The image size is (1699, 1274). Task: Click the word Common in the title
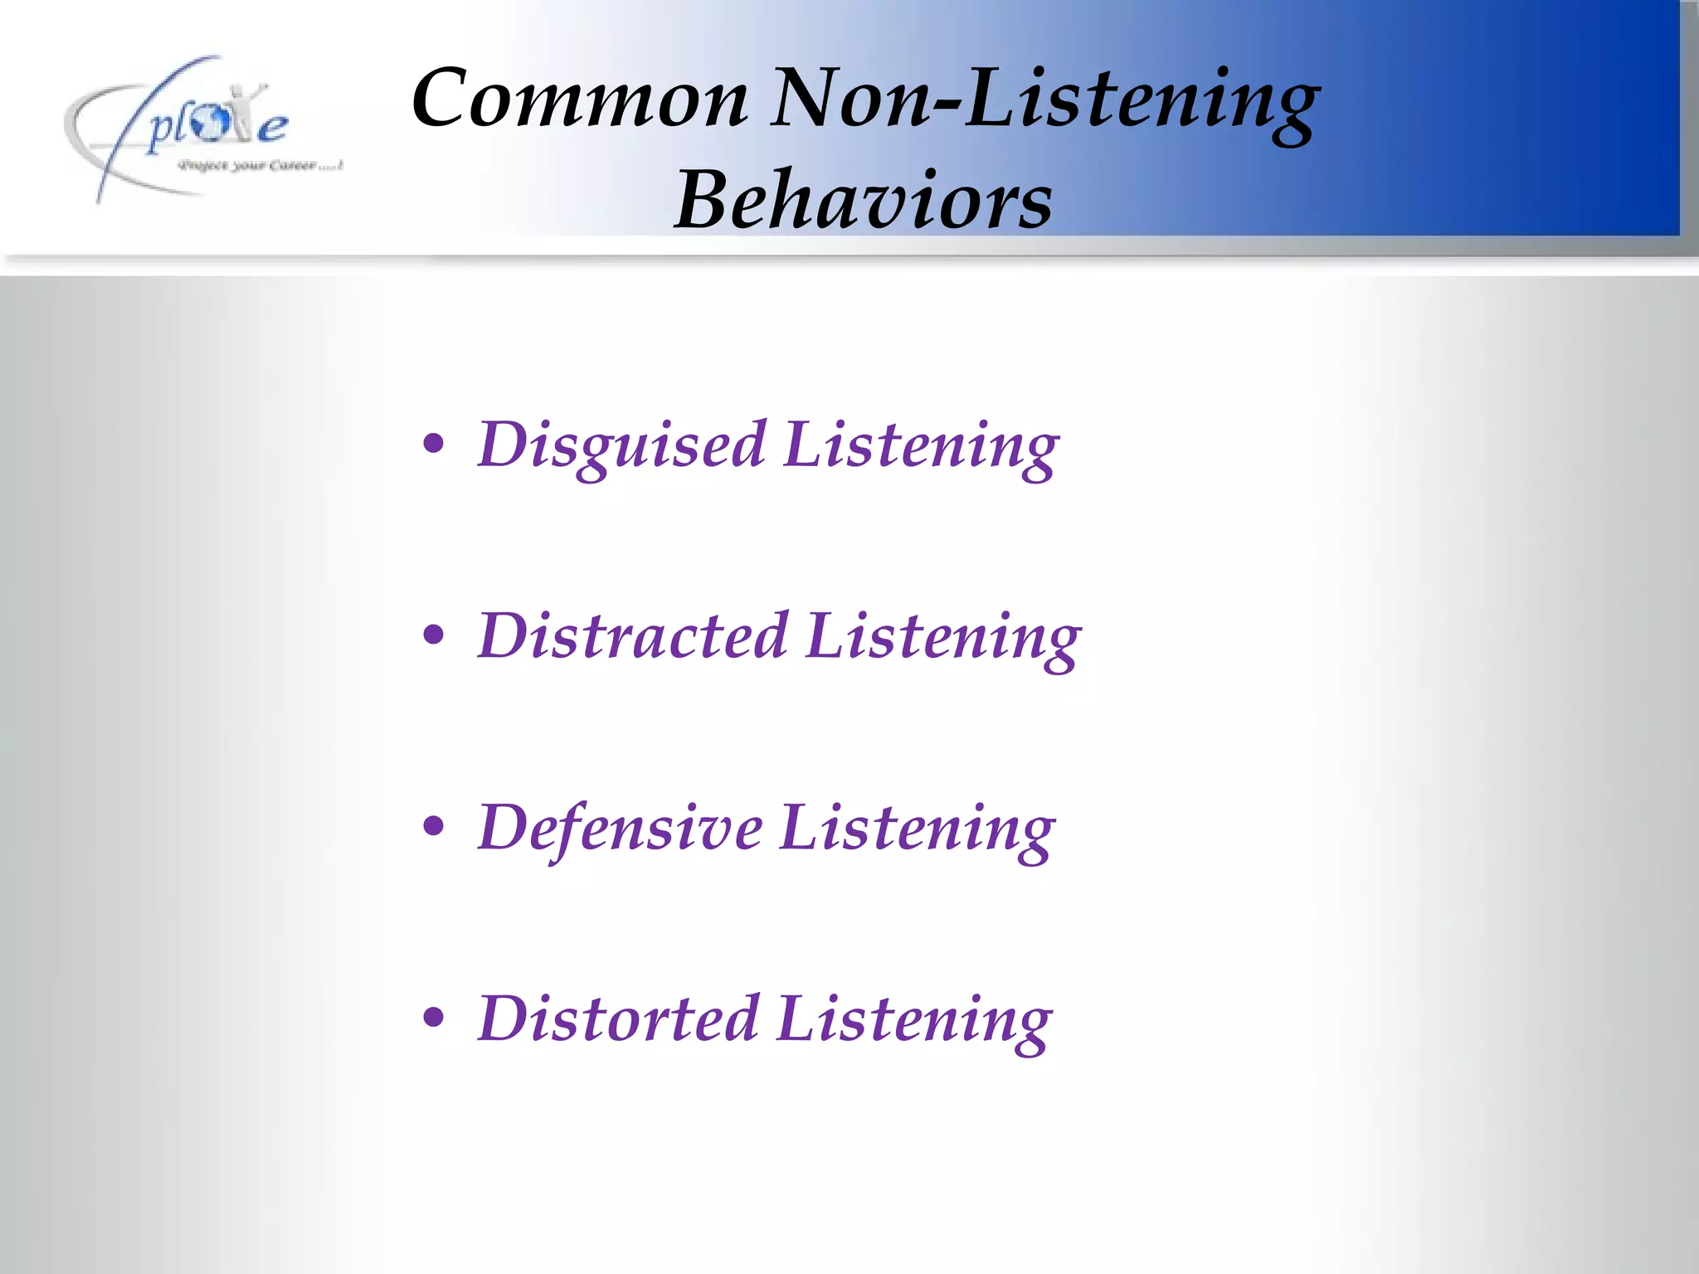pos(580,100)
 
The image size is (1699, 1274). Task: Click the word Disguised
pos(621,446)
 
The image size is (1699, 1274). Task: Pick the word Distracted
pos(632,637)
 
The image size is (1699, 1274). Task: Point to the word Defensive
pos(620,829)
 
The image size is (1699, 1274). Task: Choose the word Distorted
pos(618,1019)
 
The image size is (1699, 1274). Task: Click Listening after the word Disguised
pos(921,446)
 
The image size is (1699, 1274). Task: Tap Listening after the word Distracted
pos(943,637)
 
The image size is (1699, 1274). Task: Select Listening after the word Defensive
pos(918,829)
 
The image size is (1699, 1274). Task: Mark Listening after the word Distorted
pos(915,1019)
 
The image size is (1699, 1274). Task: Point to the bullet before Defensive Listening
pos(433,827)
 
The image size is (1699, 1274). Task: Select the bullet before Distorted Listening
pos(433,1018)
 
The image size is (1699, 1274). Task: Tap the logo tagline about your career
pos(260,166)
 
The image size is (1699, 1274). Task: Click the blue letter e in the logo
pos(271,129)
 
